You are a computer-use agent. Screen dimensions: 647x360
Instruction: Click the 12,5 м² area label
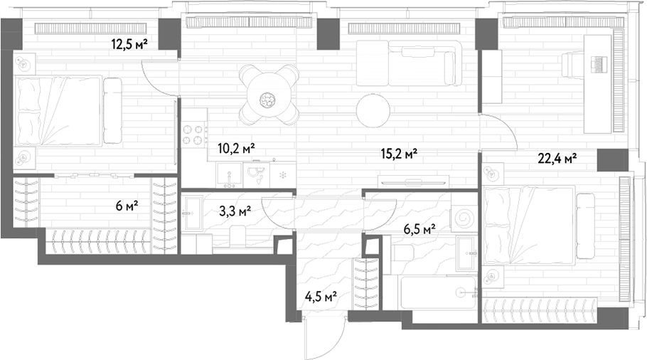tap(129, 43)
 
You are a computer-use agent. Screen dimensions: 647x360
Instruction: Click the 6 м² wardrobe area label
tap(127, 205)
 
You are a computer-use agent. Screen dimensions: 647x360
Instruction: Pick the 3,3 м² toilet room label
tap(236, 212)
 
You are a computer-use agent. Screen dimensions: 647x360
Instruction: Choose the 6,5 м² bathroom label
tap(419, 228)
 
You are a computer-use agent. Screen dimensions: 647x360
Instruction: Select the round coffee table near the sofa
tap(373, 111)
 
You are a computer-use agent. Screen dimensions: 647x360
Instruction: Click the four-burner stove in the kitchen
tap(194, 134)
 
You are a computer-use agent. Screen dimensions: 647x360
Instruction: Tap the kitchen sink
tap(229, 174)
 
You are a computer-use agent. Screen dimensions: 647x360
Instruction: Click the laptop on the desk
tap(599, 63)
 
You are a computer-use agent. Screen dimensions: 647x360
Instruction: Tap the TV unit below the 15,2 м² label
tap(414, 181)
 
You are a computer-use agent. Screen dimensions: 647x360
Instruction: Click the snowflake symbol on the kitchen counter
tap(283, 175)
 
